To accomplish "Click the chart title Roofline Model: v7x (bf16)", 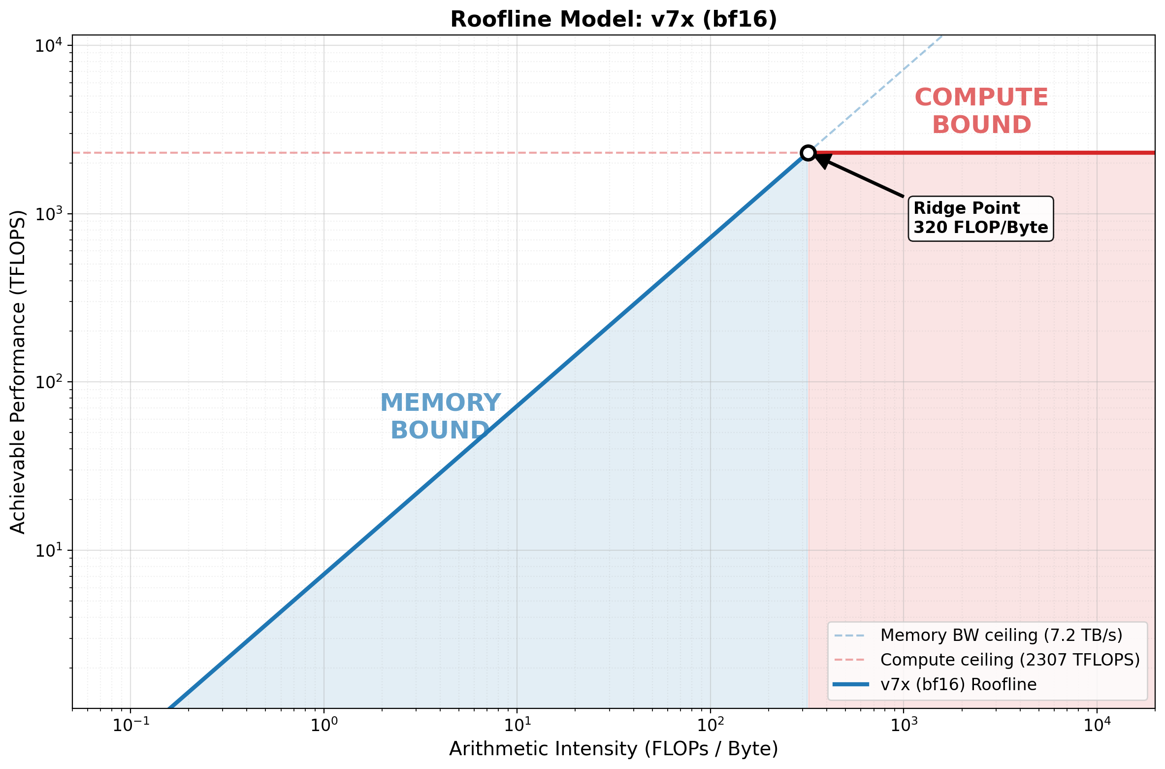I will pos(614,20).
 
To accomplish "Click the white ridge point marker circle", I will pos(808,153).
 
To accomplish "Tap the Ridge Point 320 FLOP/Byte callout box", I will pos(980,218).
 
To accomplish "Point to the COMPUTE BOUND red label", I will pos(981,111).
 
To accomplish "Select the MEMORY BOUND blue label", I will pos(440,416).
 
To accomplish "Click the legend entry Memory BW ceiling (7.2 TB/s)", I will pos(1001,635).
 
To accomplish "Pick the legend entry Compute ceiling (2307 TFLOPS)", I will pos(1010,660).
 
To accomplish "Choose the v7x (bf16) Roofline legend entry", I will pos(958,684).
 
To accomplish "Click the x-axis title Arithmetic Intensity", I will pos(614,749).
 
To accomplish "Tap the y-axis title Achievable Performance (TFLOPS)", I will pos(18,372).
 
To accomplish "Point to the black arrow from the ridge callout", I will pos(862,177).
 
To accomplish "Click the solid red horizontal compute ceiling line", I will pos(985,153).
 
